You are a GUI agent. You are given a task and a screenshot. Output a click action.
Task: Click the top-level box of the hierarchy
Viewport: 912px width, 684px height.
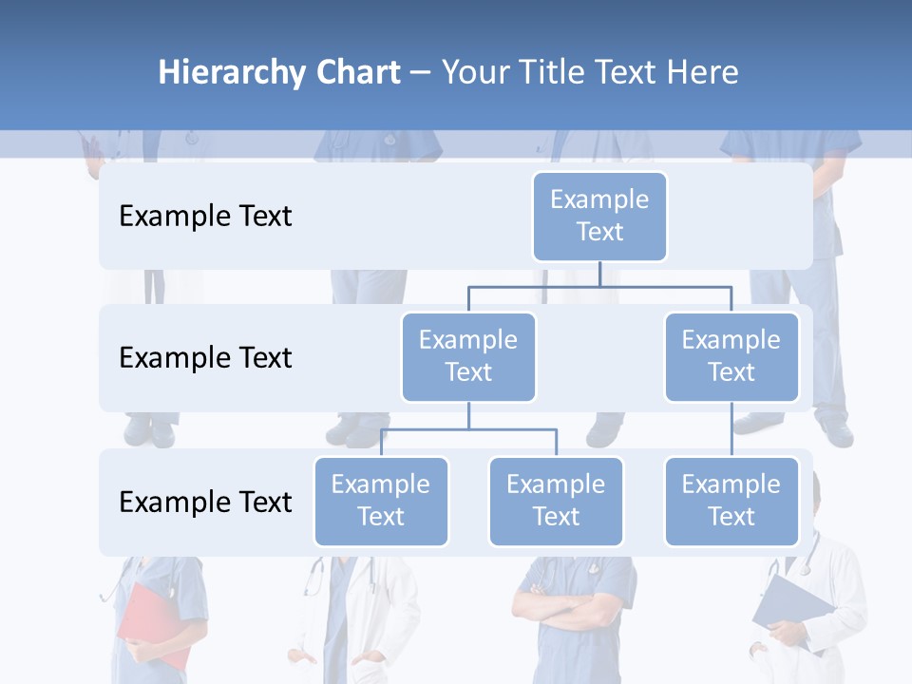(599, 216)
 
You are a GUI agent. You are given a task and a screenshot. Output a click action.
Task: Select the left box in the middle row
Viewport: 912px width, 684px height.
(468, 356)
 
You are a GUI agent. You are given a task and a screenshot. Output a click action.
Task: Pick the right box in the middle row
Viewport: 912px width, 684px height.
(731, 356)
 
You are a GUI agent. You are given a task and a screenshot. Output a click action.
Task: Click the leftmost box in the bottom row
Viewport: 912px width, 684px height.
(381, 501)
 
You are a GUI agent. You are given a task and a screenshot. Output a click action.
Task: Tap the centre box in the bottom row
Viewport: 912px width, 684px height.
(556, 501)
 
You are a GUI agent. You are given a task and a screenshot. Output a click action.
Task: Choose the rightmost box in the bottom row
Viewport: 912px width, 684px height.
(731, 501)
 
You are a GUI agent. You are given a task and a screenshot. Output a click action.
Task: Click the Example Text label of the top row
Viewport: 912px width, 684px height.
(205, 216)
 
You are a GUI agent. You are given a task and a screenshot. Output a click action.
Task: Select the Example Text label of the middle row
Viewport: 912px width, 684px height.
(205, 357)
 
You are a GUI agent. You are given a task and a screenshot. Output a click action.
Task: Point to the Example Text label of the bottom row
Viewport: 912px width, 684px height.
(205, 502)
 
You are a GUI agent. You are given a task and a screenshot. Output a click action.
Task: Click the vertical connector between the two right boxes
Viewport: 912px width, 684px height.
(731, 429)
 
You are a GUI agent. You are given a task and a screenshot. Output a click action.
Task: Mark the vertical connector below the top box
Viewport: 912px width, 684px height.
(599, 274)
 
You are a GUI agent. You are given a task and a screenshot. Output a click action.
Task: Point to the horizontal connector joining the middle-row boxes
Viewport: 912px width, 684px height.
(599, 286)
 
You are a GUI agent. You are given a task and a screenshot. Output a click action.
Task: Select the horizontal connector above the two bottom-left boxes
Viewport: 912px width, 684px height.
(468, 429)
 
